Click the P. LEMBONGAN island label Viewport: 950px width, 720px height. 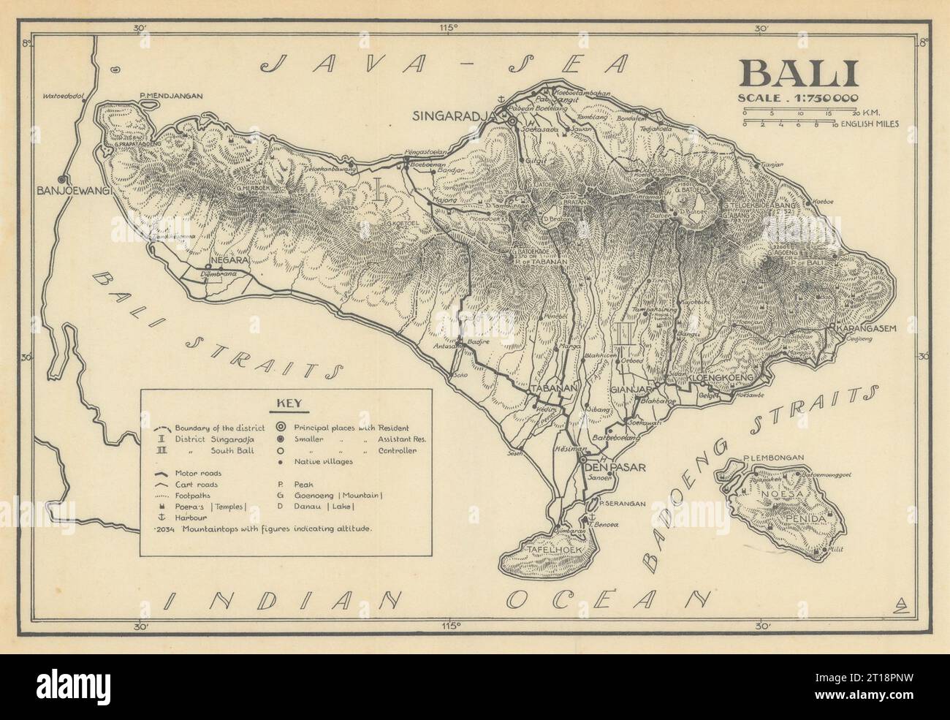pos(772,458)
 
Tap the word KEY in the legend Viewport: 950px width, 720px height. pos(286,403)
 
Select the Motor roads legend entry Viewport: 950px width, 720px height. pos(197,473)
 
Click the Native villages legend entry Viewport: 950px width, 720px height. pos(326,462)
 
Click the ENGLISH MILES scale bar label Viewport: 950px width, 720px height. pos(870,124)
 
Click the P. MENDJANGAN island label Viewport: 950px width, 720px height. pos(170,96)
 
